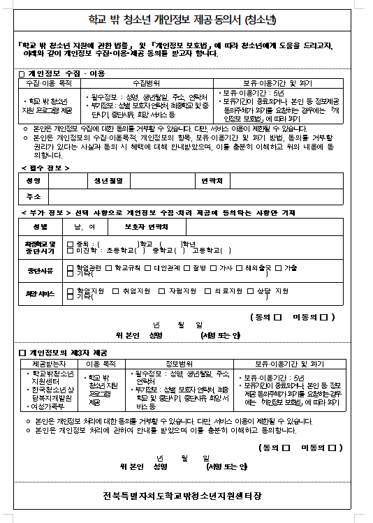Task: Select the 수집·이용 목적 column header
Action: coord(49,82)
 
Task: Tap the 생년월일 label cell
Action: coord(108,181)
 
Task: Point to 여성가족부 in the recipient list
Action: coord(45,406)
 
